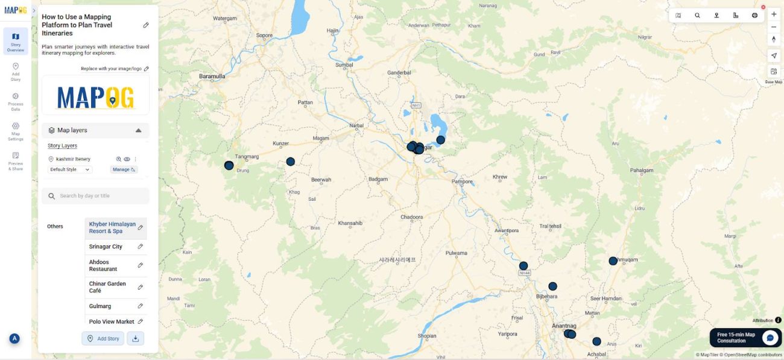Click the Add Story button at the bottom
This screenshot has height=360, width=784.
(103, 338)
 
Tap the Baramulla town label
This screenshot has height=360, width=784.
(212, 77)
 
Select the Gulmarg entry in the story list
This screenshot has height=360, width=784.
(100, 306)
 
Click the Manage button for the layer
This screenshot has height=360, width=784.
(124, 169)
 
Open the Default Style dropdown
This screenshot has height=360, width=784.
(70, 169)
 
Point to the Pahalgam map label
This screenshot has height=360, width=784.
(641, 171)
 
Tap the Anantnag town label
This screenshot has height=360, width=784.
(564, 326)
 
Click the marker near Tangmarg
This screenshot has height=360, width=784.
(229, 165)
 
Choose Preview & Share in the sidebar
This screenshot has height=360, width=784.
(16, 162)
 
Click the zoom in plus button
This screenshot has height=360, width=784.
(774, 14)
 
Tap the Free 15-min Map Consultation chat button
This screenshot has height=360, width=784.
(745, 338)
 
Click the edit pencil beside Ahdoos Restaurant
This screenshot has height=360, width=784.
(141, 265)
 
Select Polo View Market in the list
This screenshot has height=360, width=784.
(112, 322)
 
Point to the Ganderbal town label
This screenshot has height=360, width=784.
(399, 73)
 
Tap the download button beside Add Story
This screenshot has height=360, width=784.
(136, 338)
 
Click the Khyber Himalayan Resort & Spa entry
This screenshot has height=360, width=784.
(112, 227)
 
